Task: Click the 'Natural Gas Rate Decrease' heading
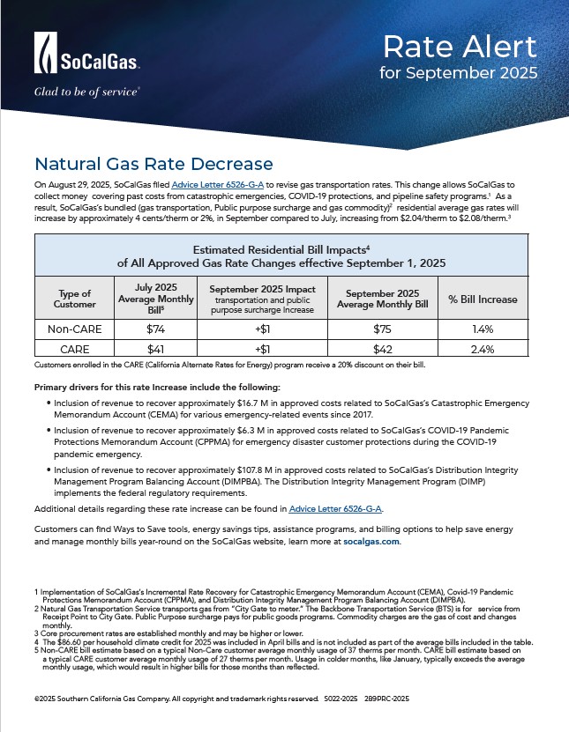tap(153, 164)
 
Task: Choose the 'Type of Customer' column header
tap(74, 299)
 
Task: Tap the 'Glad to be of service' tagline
tap(86, 91)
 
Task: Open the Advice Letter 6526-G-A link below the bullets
tap(335, 509)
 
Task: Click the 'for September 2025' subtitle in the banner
tap(458, 72)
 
